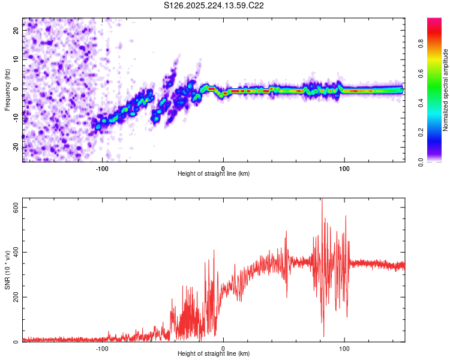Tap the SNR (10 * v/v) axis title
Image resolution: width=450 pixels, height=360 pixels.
pos(7,269)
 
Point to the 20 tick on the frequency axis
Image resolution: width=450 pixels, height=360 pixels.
pos(17,30)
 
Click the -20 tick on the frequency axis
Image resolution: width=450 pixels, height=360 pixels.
pos(16,147)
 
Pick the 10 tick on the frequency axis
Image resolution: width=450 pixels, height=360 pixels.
pos(17,59)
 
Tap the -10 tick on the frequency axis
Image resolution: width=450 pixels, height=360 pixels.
pos(16,118)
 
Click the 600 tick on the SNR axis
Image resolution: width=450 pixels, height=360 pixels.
pos(15,206)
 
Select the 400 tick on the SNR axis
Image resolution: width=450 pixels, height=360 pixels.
pos(15,252)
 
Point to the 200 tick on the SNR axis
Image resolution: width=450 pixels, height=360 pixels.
pos(15,297)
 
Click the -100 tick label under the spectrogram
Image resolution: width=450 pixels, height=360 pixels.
pos(101,168)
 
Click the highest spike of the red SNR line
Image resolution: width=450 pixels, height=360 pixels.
pos(322,199)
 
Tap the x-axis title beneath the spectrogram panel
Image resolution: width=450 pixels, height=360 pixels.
pos(214,174)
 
